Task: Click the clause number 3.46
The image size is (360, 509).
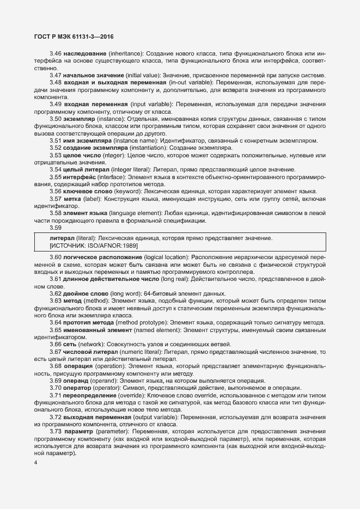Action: pos(55,54)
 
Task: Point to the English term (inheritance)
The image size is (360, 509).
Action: pos(127,54)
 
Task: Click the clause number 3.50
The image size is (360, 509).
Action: pos(55,118)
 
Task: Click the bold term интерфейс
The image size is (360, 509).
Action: pos(82,177)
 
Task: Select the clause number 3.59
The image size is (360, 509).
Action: pos(55,228)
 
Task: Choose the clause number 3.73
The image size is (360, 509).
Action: pos(55,432)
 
